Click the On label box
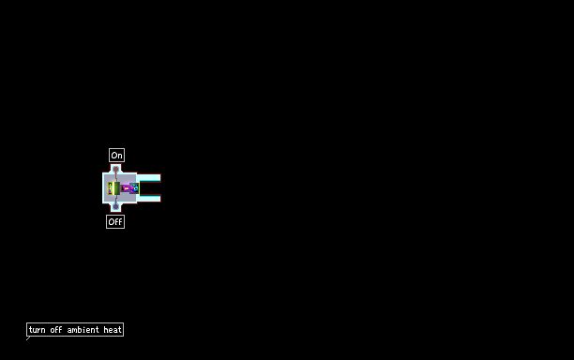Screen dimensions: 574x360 [117, 155]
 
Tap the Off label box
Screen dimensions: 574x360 [115, 221]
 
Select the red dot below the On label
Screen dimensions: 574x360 [115, 169]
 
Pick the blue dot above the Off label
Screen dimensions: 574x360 [115, 206]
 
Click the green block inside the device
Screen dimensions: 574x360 [116, 188]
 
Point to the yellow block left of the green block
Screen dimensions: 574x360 [110, 188]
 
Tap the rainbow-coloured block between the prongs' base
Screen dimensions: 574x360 [130, 188]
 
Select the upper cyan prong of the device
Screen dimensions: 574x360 [149, 178]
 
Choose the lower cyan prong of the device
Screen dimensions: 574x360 [149, 199]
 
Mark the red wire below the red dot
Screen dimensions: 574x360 [116, 176]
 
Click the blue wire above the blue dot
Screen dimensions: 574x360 [116, 200]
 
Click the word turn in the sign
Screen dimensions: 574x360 [37, 330]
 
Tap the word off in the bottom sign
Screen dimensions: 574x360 [56, 330]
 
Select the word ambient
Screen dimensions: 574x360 [83, 330]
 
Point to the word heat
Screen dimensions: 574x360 [113, 330]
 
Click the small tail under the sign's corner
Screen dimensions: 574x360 [28, 338]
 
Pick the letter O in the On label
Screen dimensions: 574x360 [113, 156]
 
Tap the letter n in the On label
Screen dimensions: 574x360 [120, 157]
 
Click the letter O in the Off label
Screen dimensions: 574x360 [111, 222]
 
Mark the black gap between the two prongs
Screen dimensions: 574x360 [150, 188]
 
